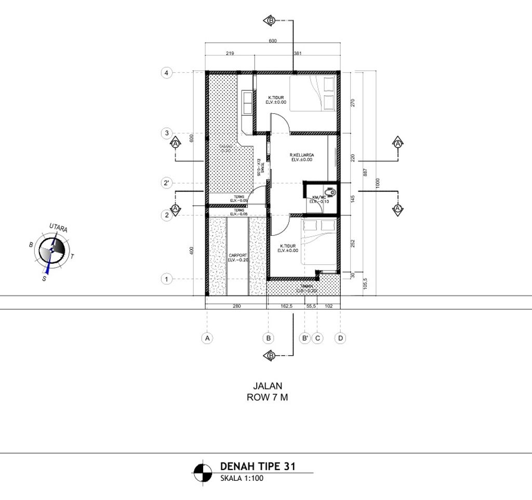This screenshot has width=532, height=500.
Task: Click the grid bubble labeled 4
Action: click(166, 73)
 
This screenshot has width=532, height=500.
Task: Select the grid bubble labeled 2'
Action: click(166, 184)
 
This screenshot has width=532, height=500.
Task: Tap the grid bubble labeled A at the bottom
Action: click(207, 338)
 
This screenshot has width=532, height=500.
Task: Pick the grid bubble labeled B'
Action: click(305, 338)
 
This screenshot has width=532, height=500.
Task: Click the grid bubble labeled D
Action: click(340, 338)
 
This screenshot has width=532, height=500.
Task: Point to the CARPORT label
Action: click(237, 255)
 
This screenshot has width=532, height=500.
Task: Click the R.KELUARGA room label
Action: click(302, 155)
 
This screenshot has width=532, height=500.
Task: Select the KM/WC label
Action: click(318, 197)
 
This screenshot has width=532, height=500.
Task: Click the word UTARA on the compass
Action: click(59, 228)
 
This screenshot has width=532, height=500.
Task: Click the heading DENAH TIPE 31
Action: click(258, 466)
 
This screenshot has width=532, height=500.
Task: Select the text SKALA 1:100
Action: click(242, 479)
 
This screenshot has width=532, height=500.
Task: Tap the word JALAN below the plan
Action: click(267, 386)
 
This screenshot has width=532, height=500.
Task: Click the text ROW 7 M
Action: click(267, 398)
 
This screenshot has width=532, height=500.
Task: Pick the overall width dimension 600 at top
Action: click(273, 41)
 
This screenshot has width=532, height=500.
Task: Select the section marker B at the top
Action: click(271, 21)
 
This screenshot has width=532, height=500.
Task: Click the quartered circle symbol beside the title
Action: click(203, 473)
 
